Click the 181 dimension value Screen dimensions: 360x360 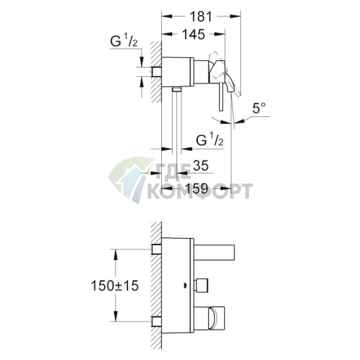click(x=200, y=17)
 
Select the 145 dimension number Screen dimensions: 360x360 click(x=194, y=34)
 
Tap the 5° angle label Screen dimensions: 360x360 click(x=259, y=108)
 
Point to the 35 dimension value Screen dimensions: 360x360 click(x=201, y=165)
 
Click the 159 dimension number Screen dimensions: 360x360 click(x=197, y=189)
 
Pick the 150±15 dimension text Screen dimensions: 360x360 click(x=115, y=285)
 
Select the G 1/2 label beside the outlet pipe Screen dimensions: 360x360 click(x=210, y=139)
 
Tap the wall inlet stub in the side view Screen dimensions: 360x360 click(x=156, y=71)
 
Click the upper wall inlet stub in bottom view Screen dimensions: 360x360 click(x=156, y=249)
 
